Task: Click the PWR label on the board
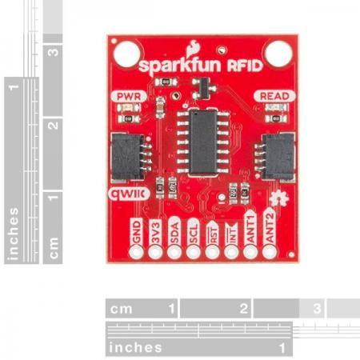[x=129, y=97]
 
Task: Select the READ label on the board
[x=271, y=97]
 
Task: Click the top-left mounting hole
[x=126, y=54]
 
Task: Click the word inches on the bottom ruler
[x=136, y=347]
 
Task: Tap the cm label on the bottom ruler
[x=122, y=308]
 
